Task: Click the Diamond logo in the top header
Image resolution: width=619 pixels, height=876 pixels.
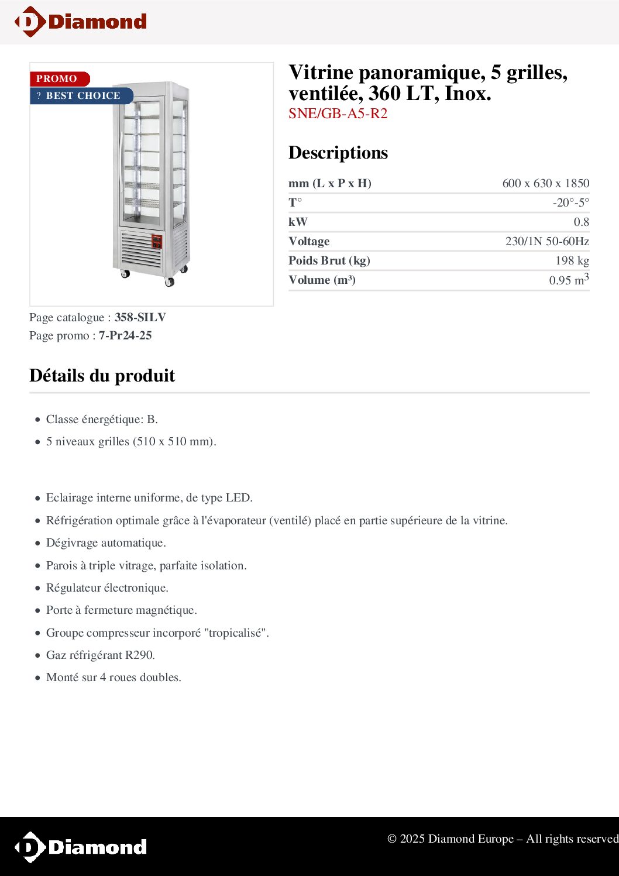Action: click(x=81, y=22)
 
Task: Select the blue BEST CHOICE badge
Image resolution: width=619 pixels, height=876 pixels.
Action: click(x=81, y=96)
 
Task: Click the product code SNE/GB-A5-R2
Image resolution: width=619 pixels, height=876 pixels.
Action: click(x=338, y=114)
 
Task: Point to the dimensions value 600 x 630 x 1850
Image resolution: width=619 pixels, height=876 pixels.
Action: click(x=545, y=183)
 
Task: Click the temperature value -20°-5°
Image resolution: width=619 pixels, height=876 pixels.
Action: click(x=570, y=202)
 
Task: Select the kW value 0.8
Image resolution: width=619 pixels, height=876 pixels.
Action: click(x=581, y=222)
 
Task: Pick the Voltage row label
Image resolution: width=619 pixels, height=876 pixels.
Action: click(x=309, y=241)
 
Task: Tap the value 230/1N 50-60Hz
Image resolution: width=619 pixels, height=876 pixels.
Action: click(x=547, y=241)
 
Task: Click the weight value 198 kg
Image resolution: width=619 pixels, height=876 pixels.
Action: click(x=572, y=260)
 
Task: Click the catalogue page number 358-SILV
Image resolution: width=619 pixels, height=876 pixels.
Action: click(x=140, y=317)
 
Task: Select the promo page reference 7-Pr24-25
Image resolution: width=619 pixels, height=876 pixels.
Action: click(x=125, y=335)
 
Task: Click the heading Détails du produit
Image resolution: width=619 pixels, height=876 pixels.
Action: click(x=102, y=375)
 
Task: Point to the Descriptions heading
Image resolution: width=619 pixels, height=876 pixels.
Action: click(x=338, y=153)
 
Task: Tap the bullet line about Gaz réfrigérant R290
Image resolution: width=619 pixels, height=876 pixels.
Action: click(x=101, y=655)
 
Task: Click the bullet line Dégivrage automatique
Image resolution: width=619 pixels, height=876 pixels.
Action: click(x=106, y=542)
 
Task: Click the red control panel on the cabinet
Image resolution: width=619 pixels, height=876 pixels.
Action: click(x=157, y=242)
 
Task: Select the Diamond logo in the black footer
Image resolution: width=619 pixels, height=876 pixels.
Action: click(x=81, y=847)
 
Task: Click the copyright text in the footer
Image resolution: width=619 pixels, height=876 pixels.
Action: click(x=502, y=839)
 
